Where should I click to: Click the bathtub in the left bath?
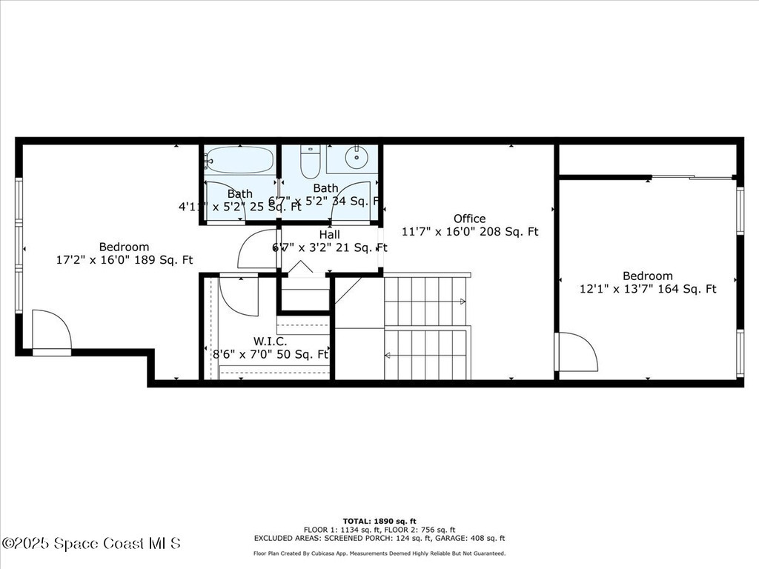(239, 159)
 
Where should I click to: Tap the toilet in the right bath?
(310, 161)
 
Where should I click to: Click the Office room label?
(470, 219)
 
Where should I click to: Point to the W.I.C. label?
(270, 342)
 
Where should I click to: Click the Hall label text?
(329, 234)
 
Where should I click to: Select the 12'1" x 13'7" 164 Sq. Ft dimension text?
(648, 290)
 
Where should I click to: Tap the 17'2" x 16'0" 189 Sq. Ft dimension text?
(125, 260)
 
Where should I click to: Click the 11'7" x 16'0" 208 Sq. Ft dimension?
(470, 232)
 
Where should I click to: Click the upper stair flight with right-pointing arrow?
(426, 301)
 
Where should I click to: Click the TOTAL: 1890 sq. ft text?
(379, 521)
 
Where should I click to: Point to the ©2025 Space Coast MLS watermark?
(91, 544)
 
